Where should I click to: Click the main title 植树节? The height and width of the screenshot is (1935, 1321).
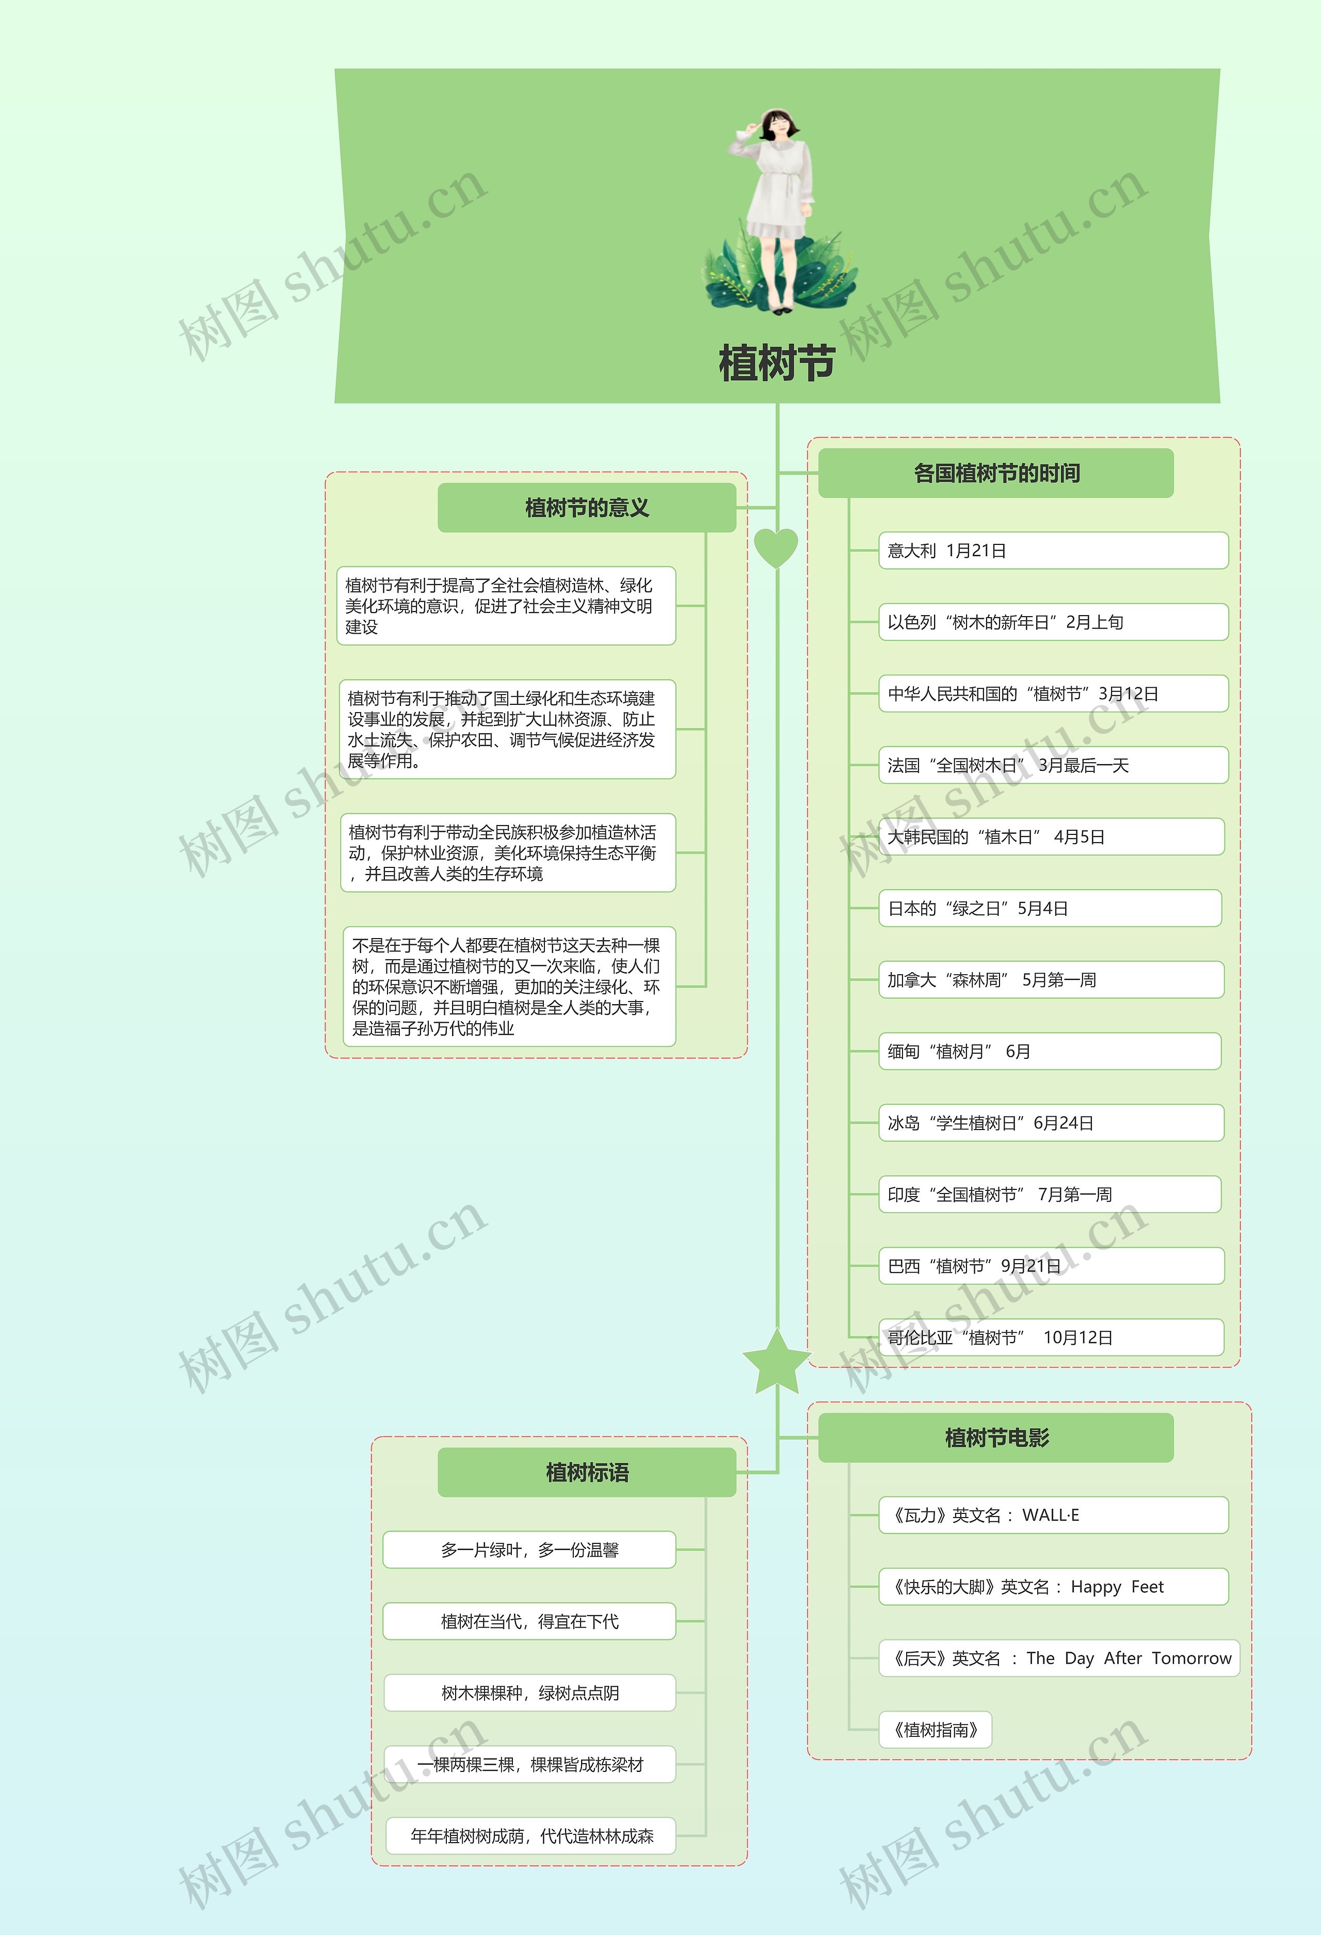coord(777,363)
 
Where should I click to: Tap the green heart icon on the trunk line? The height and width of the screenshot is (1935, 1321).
coord(776,547)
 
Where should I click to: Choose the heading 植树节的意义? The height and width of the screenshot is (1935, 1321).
coord(587,508)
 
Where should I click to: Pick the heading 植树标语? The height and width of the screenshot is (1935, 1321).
coord(587,1472)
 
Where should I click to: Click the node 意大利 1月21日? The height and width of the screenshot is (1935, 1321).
coord(1053,551)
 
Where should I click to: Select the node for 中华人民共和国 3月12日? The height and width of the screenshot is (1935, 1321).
coord(1053,694)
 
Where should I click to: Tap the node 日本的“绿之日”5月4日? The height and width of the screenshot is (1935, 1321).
coord(1050,908)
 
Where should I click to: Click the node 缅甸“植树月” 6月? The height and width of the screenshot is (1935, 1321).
coord(1050,1052)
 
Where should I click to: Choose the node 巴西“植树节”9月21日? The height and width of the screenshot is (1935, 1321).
coord(1051,1266)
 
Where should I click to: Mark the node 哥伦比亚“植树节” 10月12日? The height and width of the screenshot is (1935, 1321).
coord(1051,1337)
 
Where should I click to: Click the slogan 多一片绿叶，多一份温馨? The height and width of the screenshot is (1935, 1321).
coord(529,1550)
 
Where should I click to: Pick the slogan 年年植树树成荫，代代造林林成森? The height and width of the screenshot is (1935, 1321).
coord(531,1836)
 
